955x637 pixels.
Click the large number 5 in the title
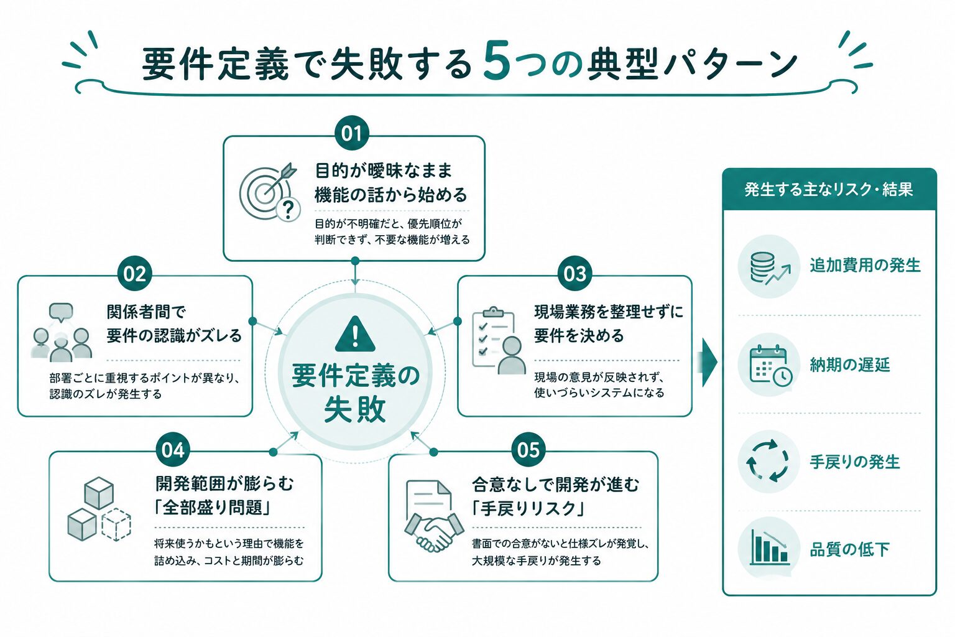(497, 60)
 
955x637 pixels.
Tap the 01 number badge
(352, 133)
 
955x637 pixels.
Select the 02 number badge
(135, 274)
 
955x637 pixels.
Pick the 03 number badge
(574, 274)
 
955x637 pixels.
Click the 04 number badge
(173, 450)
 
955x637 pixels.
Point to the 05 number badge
(528, 450)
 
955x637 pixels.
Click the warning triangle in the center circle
(355, 334)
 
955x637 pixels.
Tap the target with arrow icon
(267, 191)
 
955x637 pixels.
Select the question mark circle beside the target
(288, 210)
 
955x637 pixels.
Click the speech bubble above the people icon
(61, 312)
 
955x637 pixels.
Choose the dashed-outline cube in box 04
(116, 524)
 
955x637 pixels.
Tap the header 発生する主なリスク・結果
(829, 190)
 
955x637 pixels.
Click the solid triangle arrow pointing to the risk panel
(709, 363)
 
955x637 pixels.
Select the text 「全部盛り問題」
(213, 508)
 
